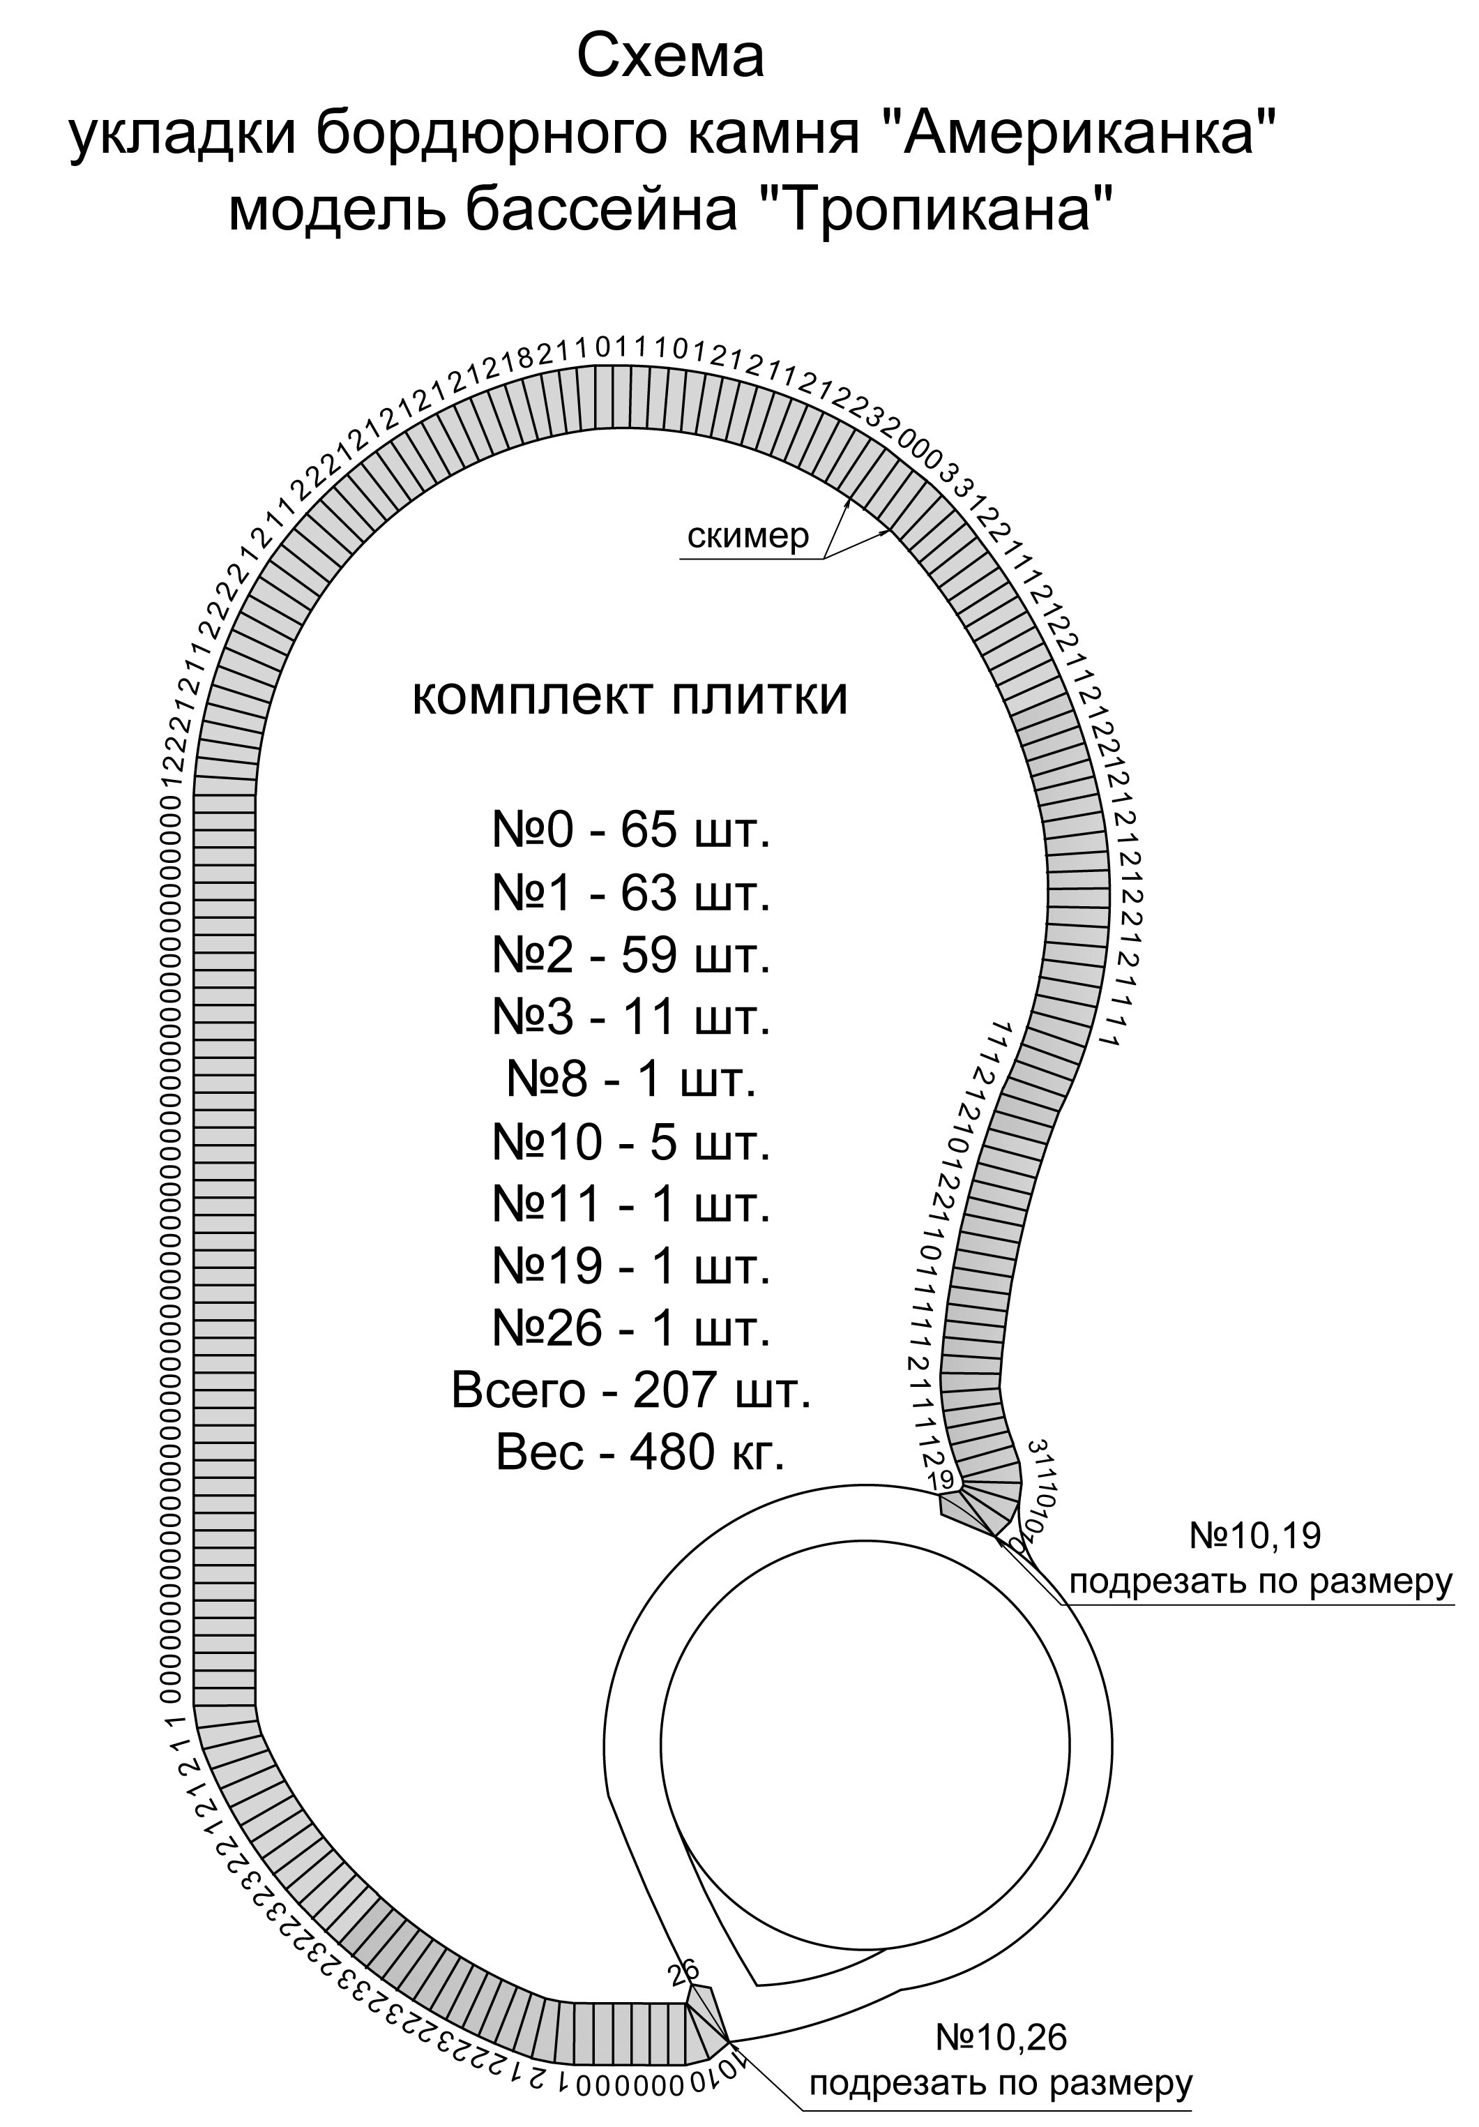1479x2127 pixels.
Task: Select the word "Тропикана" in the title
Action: [x=935, y=210]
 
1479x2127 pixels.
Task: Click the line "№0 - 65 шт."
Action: [x=630, y=831]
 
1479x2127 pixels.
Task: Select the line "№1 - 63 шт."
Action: [x=630, y=893]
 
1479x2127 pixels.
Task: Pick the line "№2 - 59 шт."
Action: [x=630, y=955]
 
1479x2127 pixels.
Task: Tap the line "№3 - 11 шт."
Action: [x=630, y=1017]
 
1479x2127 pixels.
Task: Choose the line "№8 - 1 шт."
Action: [x=630, y=1079]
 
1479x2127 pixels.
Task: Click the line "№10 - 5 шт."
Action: [x=630, y=1141]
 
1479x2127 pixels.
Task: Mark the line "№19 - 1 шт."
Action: [x=630, y=1265]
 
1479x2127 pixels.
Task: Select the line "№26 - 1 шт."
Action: [x=630, y=1328]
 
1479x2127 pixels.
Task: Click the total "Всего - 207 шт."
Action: [x=630, y=1390]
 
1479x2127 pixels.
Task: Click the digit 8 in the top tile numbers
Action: [x=525, y=359]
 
